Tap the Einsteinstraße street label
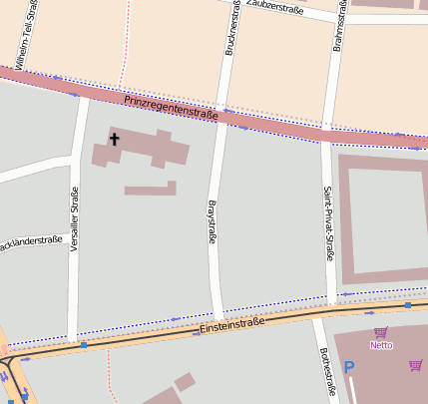[231, 324]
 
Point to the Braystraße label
[212, 224]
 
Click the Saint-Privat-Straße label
[328, 222]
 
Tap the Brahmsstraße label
[342, 26]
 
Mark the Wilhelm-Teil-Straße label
[25, 30]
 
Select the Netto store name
[381, 345]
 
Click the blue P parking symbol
[349, 367]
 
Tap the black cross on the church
[114, 140]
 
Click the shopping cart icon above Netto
[380, 332]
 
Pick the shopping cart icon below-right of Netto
[414, 365]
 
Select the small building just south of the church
[151, 188]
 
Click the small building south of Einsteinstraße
[184, 382]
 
